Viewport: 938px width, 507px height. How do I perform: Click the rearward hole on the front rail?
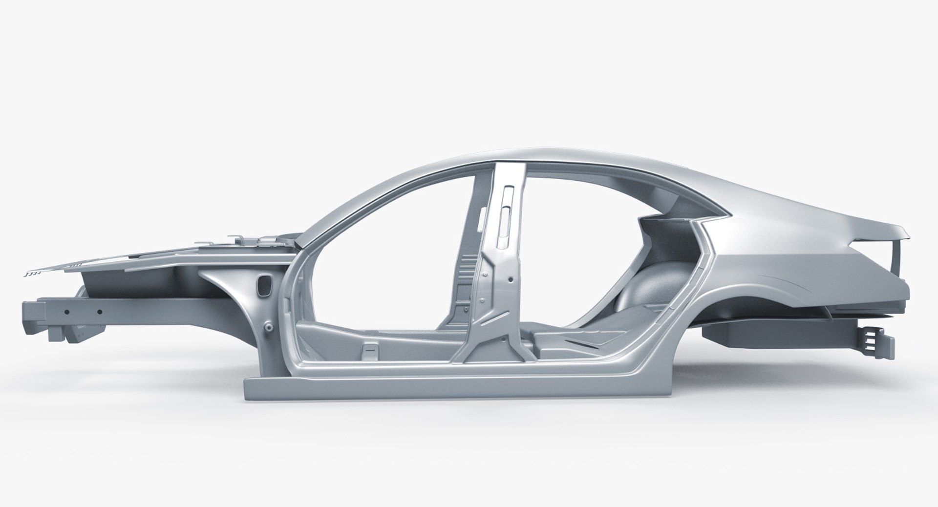(x=99, y=312)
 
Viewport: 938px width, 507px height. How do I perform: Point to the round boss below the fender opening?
(x=268, y=326)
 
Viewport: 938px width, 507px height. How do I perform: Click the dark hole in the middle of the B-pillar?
(x=510, y=281)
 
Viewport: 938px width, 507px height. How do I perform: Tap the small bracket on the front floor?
(x=370, y=351)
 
